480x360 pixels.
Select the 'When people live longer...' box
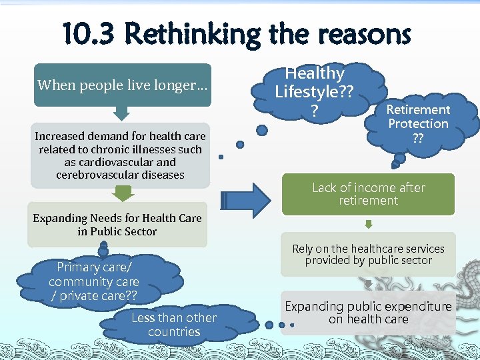[x=123, y=85]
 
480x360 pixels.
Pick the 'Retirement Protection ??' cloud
[x=418, y=124]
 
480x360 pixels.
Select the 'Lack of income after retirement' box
[x=368, y=194]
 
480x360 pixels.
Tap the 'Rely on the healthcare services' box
[x=368, y=255]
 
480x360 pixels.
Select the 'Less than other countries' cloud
[x=174, y=325]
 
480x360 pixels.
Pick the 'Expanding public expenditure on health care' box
[x=368, y=313]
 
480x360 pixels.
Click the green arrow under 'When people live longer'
[x=123, y=113]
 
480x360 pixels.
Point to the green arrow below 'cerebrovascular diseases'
[x=121, y=193]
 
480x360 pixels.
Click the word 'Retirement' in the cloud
[x=418, y=109]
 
